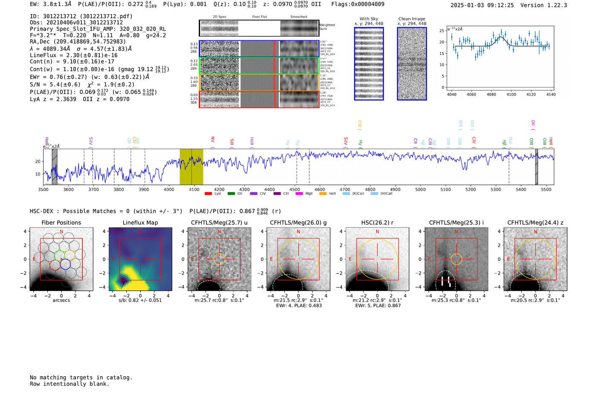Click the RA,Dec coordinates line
coord(78,41)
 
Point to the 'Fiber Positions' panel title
coord(61,223)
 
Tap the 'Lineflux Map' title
coord(140,223)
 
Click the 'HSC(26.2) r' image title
coord(377,223)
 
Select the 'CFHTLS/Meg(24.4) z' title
coord(535,223)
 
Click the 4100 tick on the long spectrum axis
coord(194,189)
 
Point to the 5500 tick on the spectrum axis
coord(546,189)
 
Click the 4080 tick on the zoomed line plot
coord(491,94)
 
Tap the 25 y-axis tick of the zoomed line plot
coord(442,31)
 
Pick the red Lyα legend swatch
coord(208,193)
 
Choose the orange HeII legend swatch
coord(323,193)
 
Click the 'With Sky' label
coord(369,19)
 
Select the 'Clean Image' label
coord(412,19)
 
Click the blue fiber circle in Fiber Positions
coord(65,264)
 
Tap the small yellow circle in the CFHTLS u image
coord(219,259)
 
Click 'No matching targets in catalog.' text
coord(81,378)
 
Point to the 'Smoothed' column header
coord(299,17)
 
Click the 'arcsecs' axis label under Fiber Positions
coord(61,300)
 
